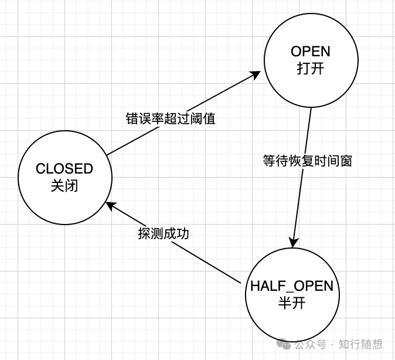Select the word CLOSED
[64, 169]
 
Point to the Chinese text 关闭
[64, 186]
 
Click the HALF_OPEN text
[291, 286]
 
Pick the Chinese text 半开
[291, 303]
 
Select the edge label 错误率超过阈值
[171, 118]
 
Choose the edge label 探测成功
[164, 233]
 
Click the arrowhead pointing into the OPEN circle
[257, 75]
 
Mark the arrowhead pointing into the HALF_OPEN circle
[294, 243]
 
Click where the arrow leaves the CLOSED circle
[107, 155]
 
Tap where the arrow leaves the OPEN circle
[310, 109]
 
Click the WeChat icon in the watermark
[284, 344]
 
